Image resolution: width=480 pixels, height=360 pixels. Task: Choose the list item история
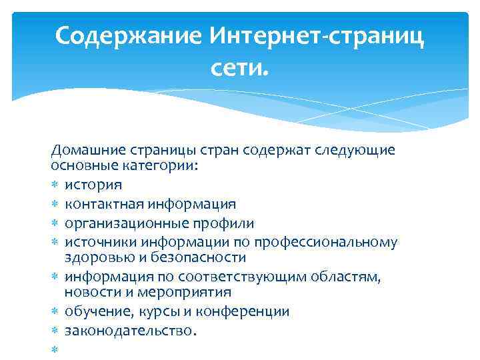coord(93,184)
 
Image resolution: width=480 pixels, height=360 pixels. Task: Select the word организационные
coord(124,223)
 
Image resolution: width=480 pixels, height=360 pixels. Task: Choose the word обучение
coord(97,311)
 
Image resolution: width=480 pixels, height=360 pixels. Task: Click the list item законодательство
coord(129,330)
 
